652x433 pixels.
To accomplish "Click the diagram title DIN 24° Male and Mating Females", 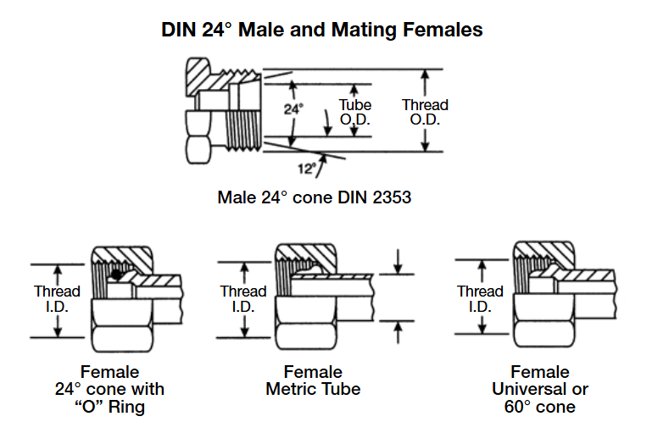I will (x=322, y=30).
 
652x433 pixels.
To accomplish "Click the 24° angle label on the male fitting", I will (x=293, y=108).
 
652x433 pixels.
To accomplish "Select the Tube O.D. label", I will (x=356, y=112).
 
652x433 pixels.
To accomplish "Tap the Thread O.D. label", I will (x=425, y=112).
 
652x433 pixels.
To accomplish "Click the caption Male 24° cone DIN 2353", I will (x=315, y=198).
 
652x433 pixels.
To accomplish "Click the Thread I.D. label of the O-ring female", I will (x=57, y=298).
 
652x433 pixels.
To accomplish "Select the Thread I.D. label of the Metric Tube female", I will (x=243, y=298).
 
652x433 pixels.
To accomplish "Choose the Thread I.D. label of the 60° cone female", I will (x=480, y=298).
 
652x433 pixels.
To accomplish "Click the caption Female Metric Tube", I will (x=313, y=380).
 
